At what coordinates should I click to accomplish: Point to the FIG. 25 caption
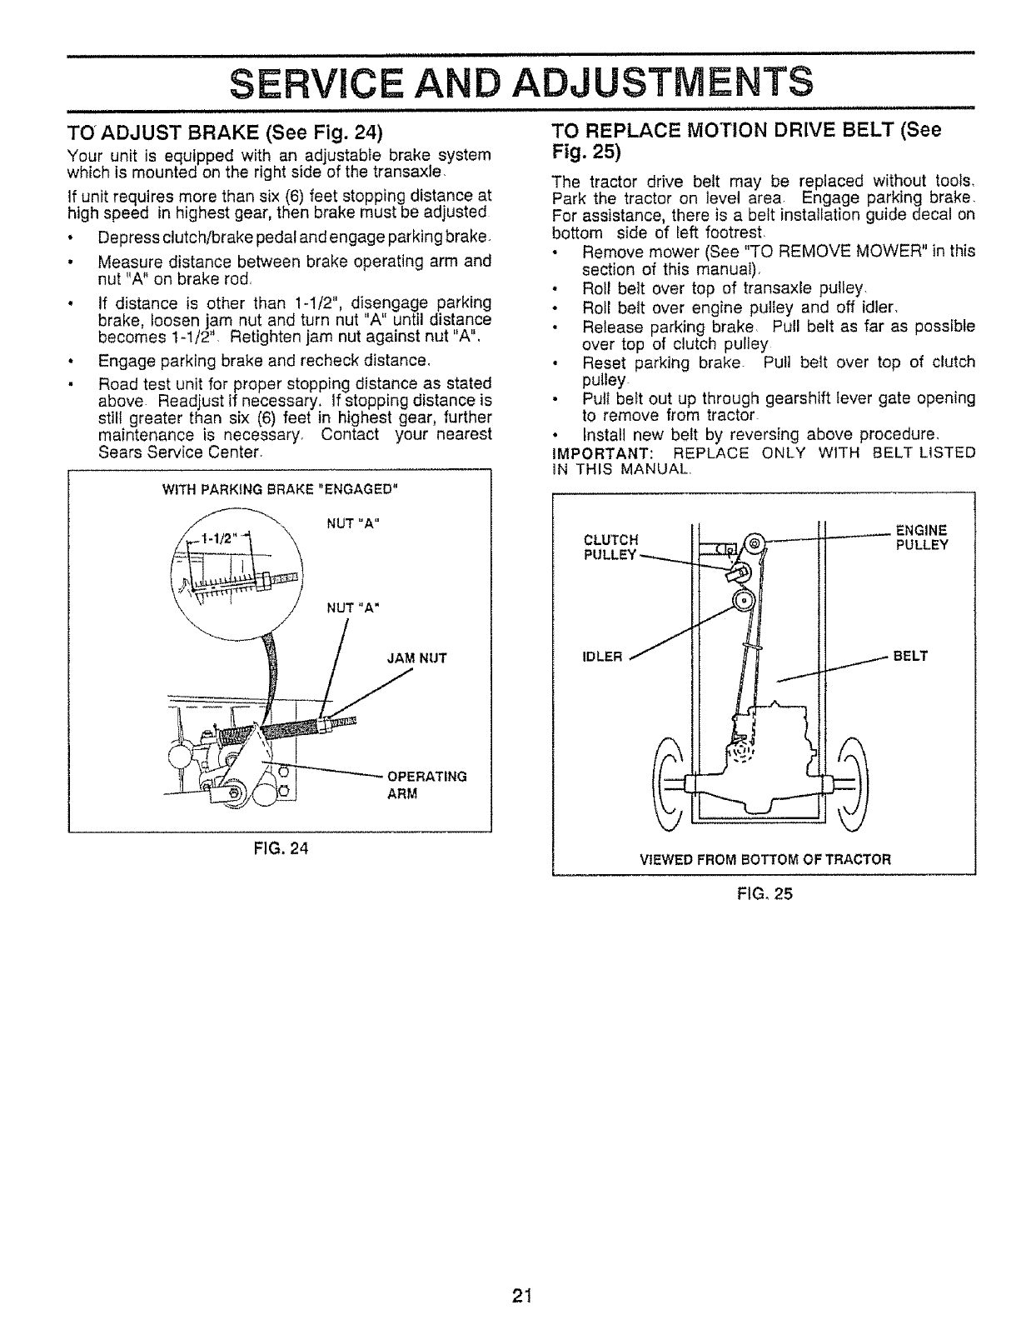point(764,893)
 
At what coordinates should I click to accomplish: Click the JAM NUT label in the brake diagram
point(416,657)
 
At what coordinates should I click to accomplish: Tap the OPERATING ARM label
point(424,785)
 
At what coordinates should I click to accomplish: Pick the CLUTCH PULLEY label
point(612,546)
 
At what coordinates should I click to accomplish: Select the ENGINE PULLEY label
point(920,537)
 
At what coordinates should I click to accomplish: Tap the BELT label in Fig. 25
point(910,656)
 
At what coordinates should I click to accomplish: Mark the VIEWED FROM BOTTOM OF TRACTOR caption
point(765,858)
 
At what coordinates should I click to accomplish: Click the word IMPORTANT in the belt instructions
point(592,452)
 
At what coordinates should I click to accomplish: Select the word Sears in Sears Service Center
point(119,452)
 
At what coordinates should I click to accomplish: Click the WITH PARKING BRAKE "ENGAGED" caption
point(281,488)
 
